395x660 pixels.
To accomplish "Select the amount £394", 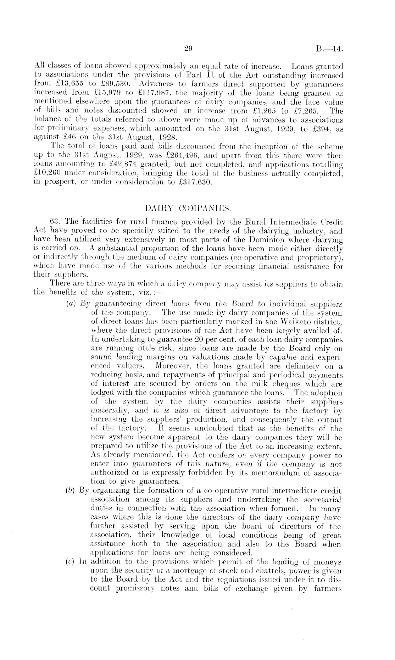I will (320, 128).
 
